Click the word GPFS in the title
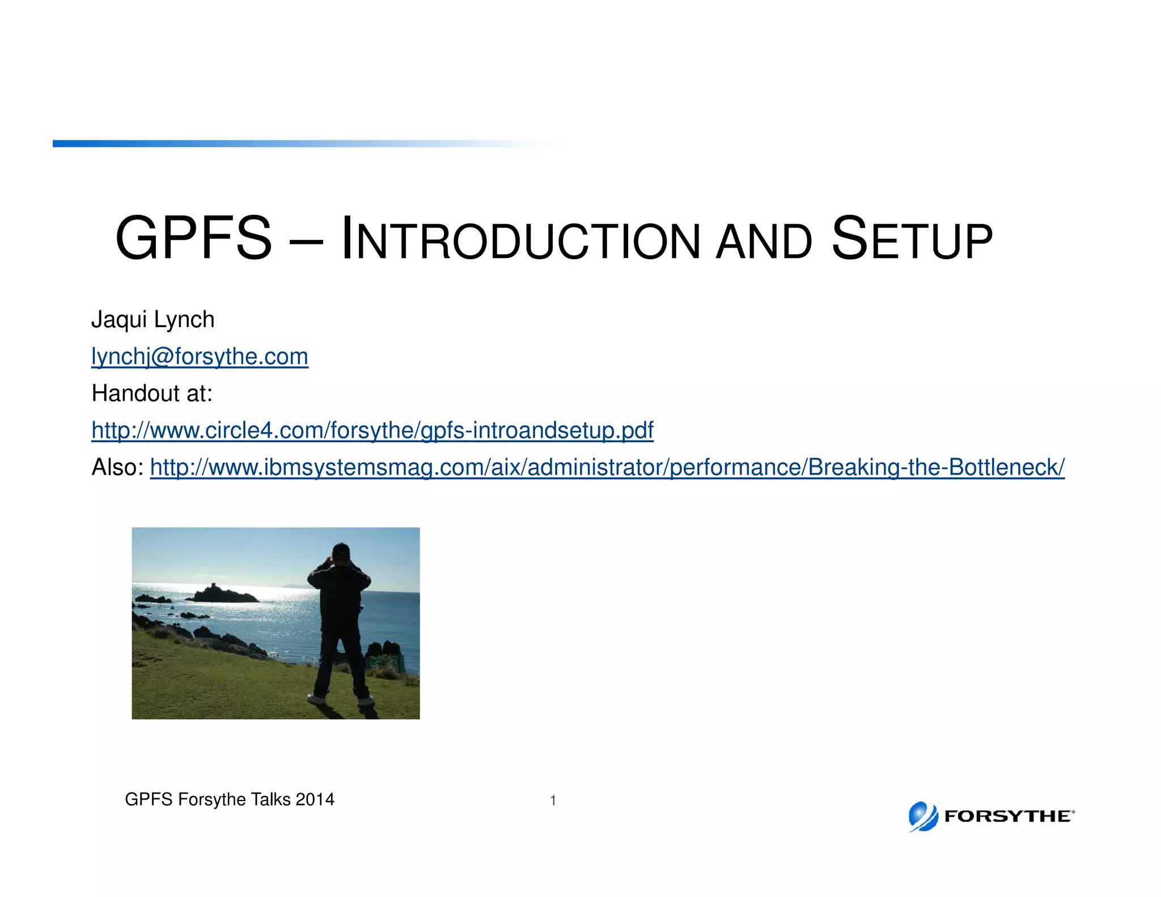pos(193,239)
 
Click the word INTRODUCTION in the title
pos(521,240)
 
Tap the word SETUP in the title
pos(912,240)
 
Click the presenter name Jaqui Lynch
pos(153,320)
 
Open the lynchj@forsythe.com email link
pos(200,357)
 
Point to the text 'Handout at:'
pos(152,394)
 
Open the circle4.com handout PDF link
pos(372,430)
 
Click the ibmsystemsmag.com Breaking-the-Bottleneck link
pos(607,467)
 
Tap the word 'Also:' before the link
pos(117,467)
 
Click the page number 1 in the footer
pos(553,801)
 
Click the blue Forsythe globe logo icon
pos(923,816)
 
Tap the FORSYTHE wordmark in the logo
pos(1009,816)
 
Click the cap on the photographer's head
pos(340,549)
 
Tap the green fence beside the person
pos(387,662)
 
